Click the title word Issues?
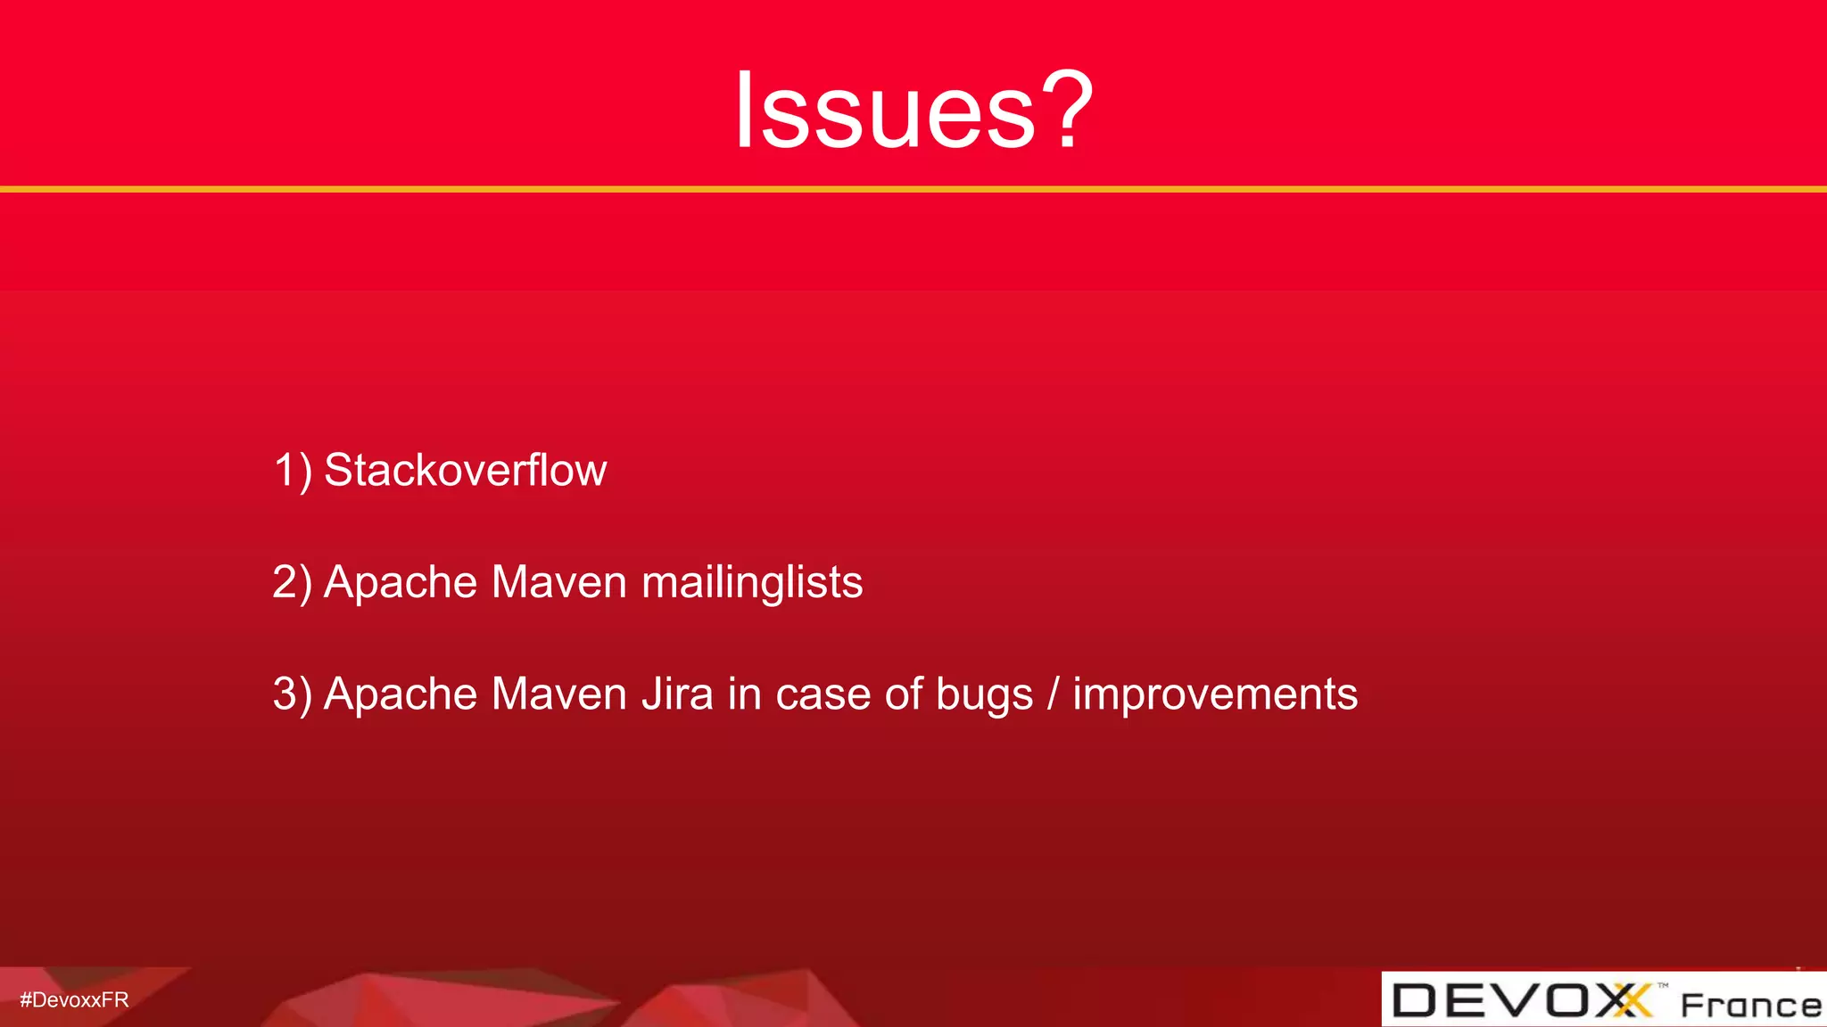[913, 111]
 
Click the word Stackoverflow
[465, 470]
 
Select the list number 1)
[293, 470]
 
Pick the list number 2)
[293, 582]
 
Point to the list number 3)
[293, 694]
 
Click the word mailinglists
[752, 583]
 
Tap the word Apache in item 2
[401, 582]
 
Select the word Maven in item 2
[559, 582]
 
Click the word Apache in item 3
[401, 694]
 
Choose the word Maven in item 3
[559, 694]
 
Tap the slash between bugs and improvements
[1054, 694]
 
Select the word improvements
[1215, 694]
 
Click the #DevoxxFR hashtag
[74, 1000]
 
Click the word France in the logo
[1750, 1005]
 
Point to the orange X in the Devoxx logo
[1632, 1000]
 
